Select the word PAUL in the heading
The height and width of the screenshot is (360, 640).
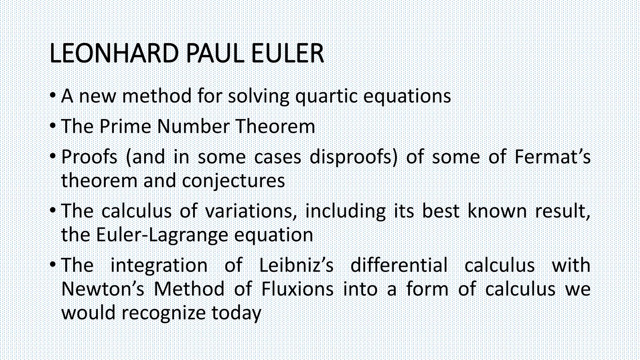coord(215,53)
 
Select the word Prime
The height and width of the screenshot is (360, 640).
coord(125,126)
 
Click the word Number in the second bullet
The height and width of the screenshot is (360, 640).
coord(193,126)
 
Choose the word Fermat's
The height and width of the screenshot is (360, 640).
coord(552,157)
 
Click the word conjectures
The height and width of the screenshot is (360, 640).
coord(233,181)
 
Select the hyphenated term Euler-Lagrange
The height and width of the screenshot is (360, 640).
coord(162,235)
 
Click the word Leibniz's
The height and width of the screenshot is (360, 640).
coord(296,265)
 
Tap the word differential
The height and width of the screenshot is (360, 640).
coord(399,265)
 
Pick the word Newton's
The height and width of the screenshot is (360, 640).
coord(103,289)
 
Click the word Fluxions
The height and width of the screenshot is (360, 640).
coord(297,289)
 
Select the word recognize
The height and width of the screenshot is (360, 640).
coord(163,313)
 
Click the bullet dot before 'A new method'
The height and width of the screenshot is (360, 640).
coord(53,95)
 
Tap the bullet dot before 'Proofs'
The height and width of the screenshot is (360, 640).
coord(53,156)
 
